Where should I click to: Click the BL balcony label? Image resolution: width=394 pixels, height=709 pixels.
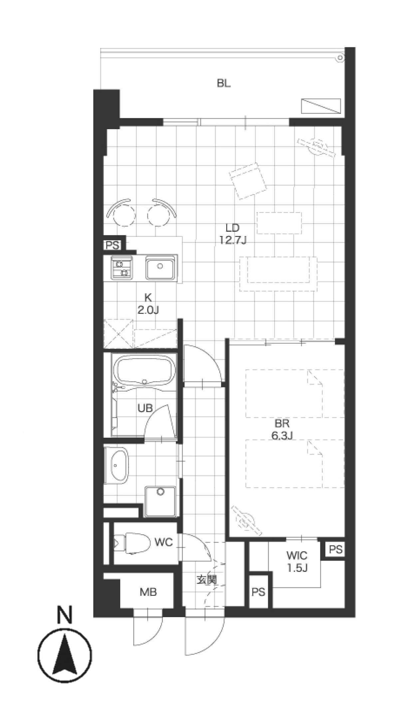(x=223, y=83)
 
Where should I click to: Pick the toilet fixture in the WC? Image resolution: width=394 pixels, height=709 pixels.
(x=131, y=544)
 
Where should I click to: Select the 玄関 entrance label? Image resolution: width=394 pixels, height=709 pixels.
(x=206, y=580)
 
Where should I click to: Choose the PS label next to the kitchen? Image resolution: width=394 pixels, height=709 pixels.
(x=113, y=245)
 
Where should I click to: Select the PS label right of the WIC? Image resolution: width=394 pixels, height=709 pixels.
(x=336, y=549)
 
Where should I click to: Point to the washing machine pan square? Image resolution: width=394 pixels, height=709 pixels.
(x=161, y=502)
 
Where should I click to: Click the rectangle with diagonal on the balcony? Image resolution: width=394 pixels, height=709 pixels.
(x=321, y=106)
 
